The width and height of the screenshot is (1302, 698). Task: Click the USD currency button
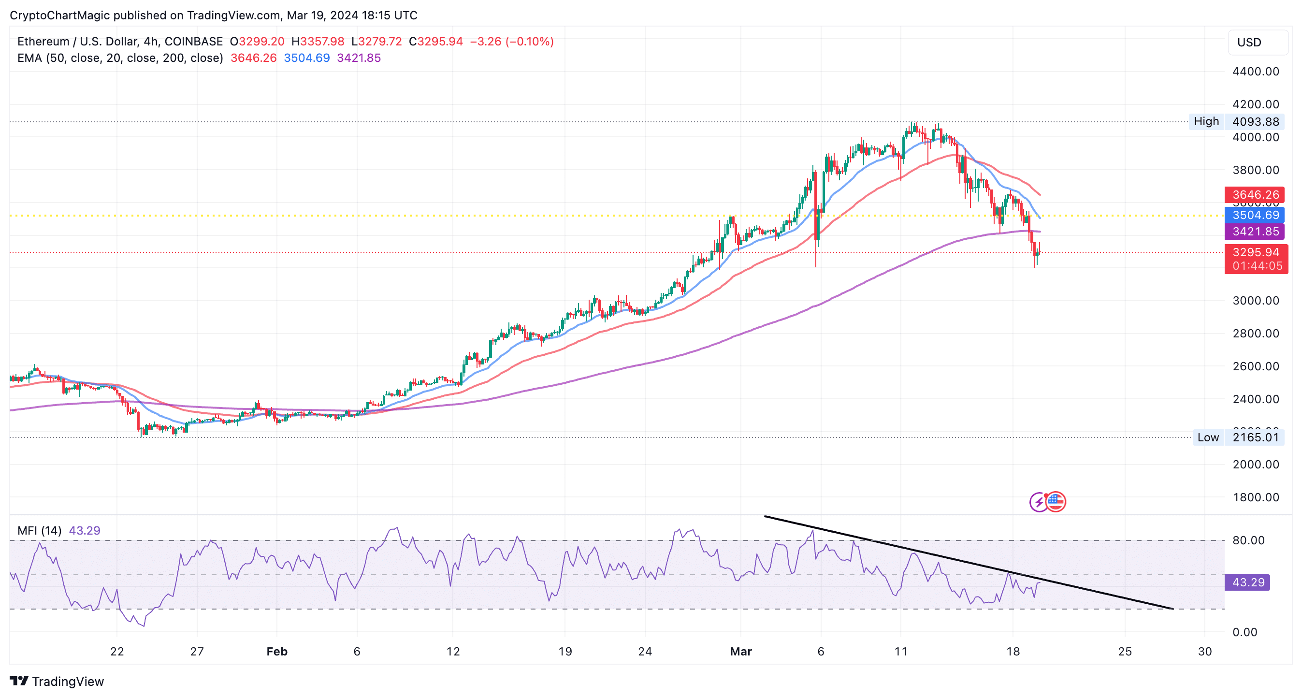pyautogui.click(x=1257, y=43)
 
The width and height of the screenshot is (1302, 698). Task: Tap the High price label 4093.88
pyautogui.click(x=1256, y=122)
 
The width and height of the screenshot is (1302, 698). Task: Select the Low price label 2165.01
pyautogui.click(x=1256, y=437)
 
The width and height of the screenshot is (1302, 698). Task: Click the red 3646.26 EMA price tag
pyautogui.click(x=1255, y=195)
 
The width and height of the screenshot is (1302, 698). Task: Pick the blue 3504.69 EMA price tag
pyautogui.click(x=1255, y=215)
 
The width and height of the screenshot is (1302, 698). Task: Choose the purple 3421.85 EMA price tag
pyautogui.click(x=1255, y=232)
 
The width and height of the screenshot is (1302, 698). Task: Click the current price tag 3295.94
pyautogui.click(x=1256, y=253)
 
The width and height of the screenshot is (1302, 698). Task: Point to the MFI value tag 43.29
pyautogui.click(x=1247, y=582)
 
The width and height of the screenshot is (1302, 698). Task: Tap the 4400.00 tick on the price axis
pyautogui.click(x=1256, y=72)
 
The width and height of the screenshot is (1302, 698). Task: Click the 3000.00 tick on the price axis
pyautogui.click(x=1256, y=301)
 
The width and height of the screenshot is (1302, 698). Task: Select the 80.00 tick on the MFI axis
pyautogui.click(x=1248, y=540)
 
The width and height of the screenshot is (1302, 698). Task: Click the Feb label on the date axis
pyautogui.click(x=277, y=652)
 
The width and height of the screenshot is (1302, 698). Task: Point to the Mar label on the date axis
pyautogui.click(x=740, y=652)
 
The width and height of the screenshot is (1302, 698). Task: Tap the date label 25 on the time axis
pyautogui.click(x=1125, y=652)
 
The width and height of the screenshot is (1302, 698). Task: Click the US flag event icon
pyautogui.click(x=1056, y=502)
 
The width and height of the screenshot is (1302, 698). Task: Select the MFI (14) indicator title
pyautogui.click(x=40, y=531)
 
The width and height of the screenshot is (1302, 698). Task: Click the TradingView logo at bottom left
pyautogui.click(x=57, y=681)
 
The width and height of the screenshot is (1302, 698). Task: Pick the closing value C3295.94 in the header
pyautogui.click(x=435, y=42)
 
